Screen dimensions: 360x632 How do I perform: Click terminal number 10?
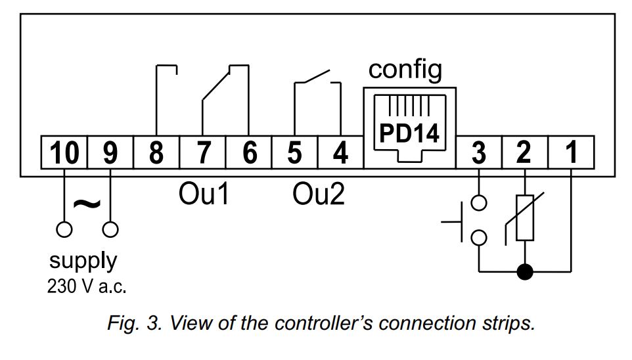(x=64, y=153)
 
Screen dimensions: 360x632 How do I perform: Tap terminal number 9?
(x=110, y=153)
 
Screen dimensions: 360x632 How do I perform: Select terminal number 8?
(x=156, y=153)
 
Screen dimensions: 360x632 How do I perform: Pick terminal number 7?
(x=203, y=153)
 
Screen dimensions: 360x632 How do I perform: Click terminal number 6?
(x=249, y=153)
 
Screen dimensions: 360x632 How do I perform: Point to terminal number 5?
(x=294, y=153)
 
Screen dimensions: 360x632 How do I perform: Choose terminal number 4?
(x=340, y=153)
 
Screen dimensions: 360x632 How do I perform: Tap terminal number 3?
(x=479, y=153)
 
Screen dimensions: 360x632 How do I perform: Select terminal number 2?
(x=524, y=153)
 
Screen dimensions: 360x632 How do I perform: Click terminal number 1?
(x=571, y=153)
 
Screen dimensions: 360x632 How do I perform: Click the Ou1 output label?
(x=204, y=194)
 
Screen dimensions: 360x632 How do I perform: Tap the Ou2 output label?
(x=319, y=194)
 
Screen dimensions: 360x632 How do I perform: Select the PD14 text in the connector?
(x=409, y=133)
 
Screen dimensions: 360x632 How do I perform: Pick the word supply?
(x=83, y=261)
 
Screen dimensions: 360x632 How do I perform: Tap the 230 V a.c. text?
(x=86, y=287)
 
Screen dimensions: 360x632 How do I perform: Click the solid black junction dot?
(x=524, y=271)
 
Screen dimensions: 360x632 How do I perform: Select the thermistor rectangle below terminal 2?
(x=524, y=217)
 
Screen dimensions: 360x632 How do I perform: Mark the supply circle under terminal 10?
(x=64, y=229)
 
